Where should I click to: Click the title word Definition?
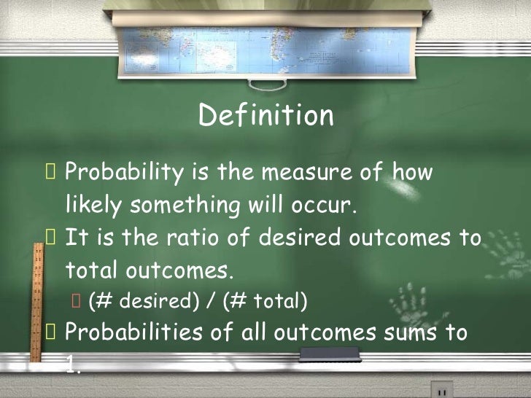click(x=265, y=116)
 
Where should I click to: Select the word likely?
click(x=95, y=206)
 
